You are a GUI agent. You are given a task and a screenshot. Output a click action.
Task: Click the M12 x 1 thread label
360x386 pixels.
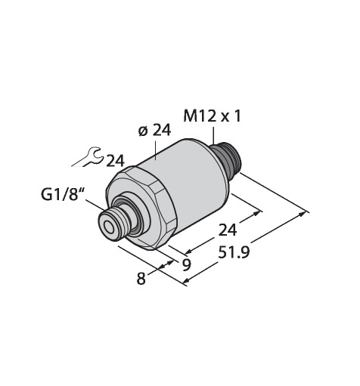point(213,116)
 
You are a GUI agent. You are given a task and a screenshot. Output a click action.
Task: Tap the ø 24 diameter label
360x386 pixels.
point(155,131)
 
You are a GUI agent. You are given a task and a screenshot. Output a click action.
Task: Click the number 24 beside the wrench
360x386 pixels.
point(115,161)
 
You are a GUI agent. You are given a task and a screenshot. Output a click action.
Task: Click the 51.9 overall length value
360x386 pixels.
point(234,252)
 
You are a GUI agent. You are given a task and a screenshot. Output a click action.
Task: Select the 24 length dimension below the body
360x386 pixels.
point(228,230)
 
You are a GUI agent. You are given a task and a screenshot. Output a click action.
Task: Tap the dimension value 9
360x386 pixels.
point(186,265)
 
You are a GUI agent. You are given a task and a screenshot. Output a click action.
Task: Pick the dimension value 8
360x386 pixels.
point(141,279)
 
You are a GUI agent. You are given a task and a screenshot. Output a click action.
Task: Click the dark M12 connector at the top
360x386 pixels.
point(225,159)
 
